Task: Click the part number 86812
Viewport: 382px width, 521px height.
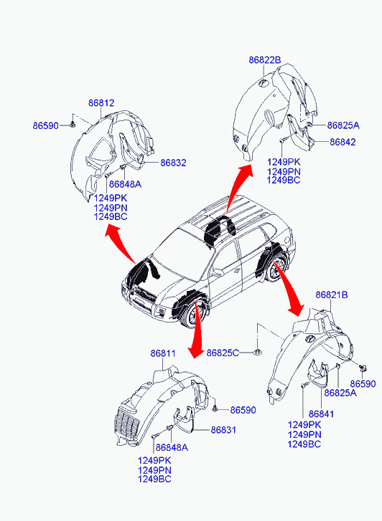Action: (x=101, y=103)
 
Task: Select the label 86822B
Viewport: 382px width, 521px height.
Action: (x=265, y=60)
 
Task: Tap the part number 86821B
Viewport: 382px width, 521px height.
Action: (x=332, y=295)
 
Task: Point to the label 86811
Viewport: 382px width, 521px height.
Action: (x=163, y=353)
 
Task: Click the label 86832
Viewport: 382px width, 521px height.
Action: (x=173, y=163)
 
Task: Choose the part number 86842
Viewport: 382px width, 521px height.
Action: (x=343, y=142)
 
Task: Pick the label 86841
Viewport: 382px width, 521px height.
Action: (x=321, y=414)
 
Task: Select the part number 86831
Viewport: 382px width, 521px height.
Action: (x=223, y=430)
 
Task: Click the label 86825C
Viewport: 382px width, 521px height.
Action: (x=223, y=353)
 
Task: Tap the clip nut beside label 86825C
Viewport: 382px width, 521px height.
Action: (x=257, y=352)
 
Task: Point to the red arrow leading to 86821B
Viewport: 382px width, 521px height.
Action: (x=289, y=288)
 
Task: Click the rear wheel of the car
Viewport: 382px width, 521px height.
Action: (x=276, y=269)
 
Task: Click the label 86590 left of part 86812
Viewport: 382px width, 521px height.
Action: (x=46, y=125)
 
